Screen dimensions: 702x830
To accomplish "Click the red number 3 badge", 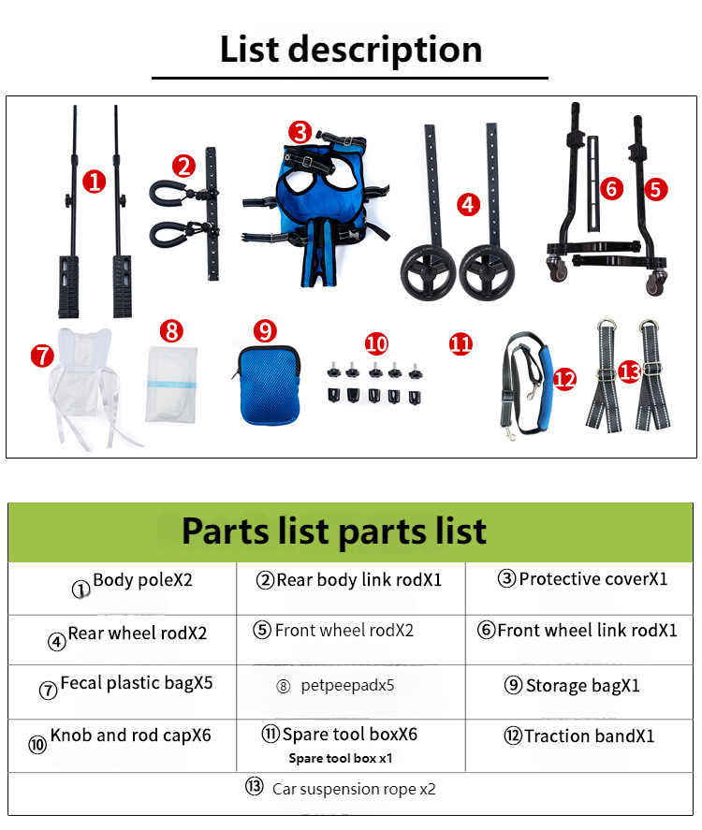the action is click(x=300, y=132).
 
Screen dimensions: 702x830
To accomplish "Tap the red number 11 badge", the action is click(x=461, y=344).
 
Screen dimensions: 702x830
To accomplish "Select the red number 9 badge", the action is click(x=265, y=331).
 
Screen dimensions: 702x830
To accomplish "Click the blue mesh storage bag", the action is click(x=269, y=385).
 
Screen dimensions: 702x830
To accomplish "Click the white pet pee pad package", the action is click(x=171, y=385).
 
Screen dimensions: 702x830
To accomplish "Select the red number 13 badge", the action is click(x=630, y=371).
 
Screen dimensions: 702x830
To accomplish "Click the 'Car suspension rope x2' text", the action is click(x=354, y=789).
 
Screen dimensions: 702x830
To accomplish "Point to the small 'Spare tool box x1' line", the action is click(x=341, y=759).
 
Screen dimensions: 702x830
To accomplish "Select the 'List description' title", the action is click(x=350, y=50).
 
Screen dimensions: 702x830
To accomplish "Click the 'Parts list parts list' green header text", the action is click(x=334, y=531).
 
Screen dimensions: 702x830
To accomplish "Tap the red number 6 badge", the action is click(x=611, y=188).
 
